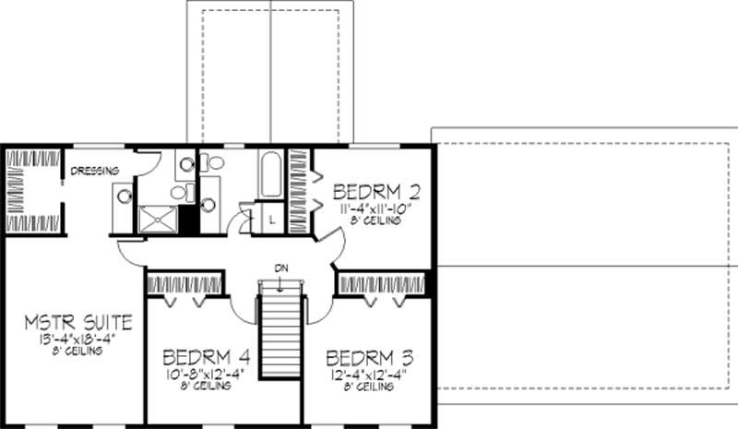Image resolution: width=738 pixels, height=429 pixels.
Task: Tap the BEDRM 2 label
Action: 377,193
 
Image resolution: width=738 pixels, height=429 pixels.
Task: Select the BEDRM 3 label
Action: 369,357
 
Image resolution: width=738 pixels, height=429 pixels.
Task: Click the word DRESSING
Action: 96,170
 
